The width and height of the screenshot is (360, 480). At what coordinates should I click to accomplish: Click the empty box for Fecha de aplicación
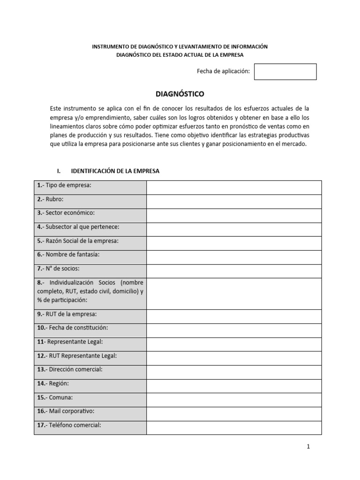coord(285,72)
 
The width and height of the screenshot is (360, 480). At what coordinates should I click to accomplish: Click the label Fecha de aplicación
coord(223,71)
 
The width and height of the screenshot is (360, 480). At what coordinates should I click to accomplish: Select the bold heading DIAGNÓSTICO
coord(180,94)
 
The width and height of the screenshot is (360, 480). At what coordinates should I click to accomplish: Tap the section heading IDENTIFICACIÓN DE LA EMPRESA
coord(114,171)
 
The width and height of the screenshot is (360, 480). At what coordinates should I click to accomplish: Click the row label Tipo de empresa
coord(64,186)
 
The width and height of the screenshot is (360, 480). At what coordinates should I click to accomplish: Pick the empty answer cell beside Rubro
coord(234,202)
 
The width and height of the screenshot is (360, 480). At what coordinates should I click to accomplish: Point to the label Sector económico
coord(66,213)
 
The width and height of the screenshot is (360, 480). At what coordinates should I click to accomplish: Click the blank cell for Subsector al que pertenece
coord(234,229)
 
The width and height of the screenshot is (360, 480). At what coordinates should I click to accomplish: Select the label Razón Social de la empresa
coord(78,241)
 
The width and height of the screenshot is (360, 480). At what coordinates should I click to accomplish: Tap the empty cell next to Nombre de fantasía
coord(234,257)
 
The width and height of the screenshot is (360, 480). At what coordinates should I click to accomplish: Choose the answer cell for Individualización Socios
coord(234,293)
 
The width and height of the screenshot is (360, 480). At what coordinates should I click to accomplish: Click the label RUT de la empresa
coord(67,314)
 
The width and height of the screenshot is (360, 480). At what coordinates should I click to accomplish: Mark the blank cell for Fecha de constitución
coord(234,330)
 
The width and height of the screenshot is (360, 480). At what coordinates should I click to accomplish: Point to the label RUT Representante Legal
coord(77,356)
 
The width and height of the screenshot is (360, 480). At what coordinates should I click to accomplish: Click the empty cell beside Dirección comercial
coord(234,372)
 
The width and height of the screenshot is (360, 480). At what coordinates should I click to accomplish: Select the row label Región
coord(53,383)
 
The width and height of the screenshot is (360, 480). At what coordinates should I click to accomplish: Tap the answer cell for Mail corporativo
coord(234,414)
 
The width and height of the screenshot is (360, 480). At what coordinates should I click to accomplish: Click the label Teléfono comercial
coord(69,425)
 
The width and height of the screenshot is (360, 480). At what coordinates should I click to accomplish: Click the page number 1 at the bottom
coord(308,447)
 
